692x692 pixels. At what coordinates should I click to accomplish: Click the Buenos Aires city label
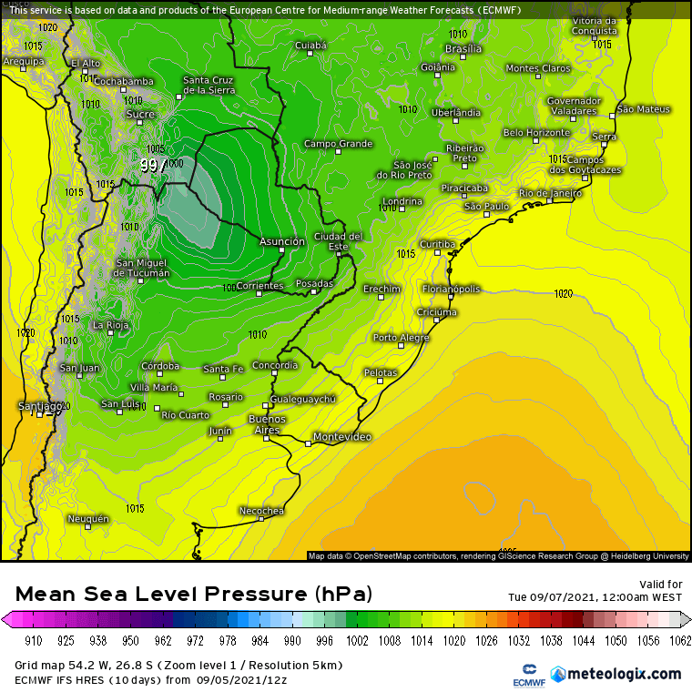click(x=267, y=424)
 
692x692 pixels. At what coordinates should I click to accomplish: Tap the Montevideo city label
click(x=341, y=438)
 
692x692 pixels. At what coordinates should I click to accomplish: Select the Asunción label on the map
click(x=282, y=242)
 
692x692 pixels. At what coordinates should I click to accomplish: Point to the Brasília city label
click(x=463, y=48)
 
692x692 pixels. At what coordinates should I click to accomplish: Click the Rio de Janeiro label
click(x=549, y=193)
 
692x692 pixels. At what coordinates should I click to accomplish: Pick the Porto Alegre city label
click(x=401, y=338)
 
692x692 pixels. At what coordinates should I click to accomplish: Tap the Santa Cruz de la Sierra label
click(x=209, y=85)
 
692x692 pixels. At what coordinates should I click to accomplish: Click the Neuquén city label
click(x=88, y=519)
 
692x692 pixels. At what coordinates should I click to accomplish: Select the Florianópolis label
click(x=451, y=290)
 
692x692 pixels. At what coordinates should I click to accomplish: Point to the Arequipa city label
click(x=23, y=62)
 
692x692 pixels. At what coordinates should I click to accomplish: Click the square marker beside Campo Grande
click(x=339, y=152)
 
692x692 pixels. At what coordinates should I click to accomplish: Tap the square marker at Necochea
click(x=261, y=519)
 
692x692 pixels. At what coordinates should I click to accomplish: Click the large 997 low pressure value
click(x=153, y=166)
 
